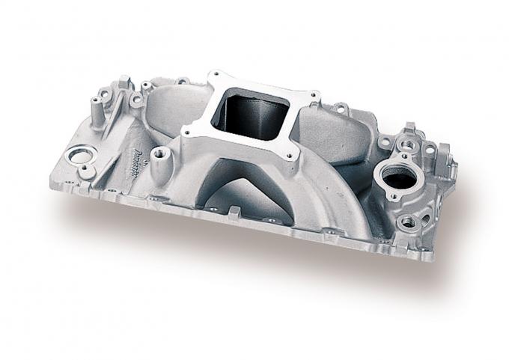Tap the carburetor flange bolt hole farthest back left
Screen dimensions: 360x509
click(213, 76)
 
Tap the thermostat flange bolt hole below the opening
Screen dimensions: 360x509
click(407, 222)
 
